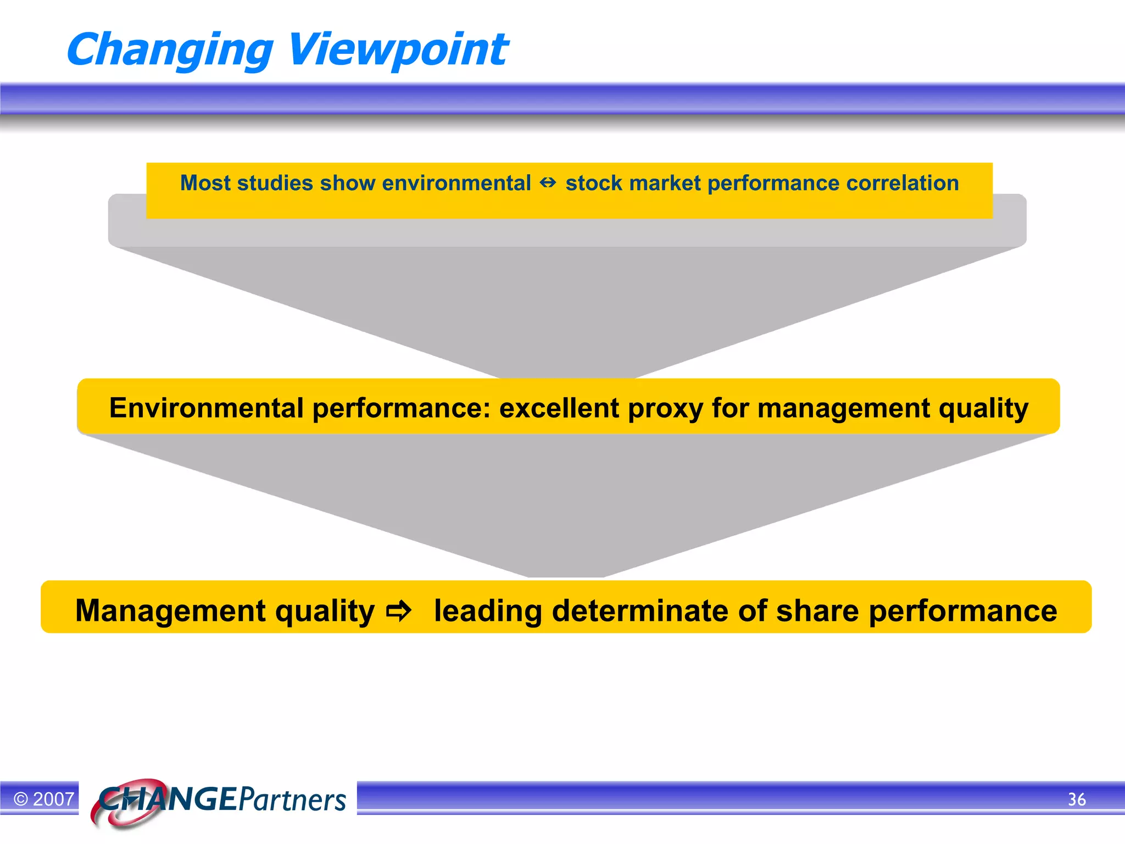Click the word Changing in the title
169,51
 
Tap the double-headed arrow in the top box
548,183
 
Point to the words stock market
633,183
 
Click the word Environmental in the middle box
206,408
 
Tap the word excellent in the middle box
559,408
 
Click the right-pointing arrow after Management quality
398,611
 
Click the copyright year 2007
53,799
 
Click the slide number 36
1076,799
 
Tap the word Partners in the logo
292,800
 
